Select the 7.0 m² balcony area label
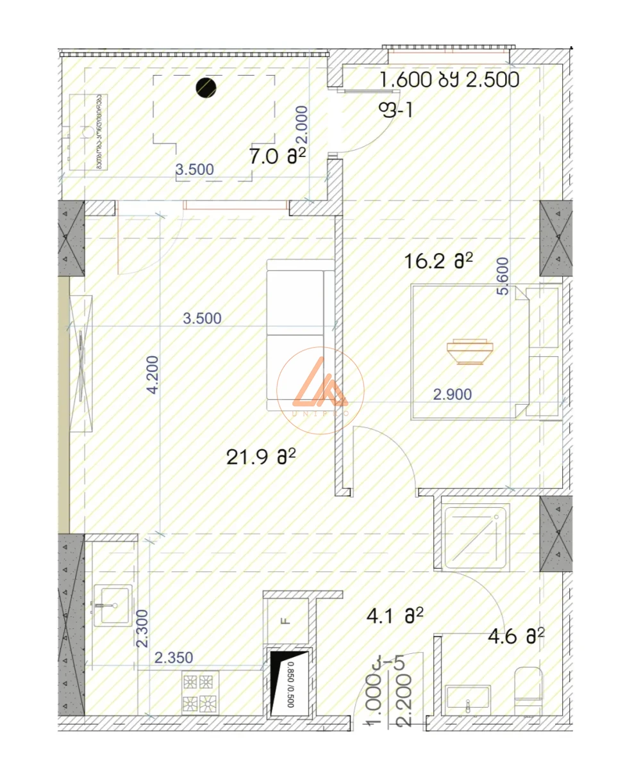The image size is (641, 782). pyautogui.click(x=276, y=156)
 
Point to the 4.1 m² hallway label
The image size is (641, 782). pyautogui.click(x=395, y=616)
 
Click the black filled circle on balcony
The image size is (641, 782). pyautogui.click(x=206, y=88)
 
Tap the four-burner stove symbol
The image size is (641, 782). pyautogui.click(x=199, y=693)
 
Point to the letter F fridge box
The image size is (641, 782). pyautogui.click(x=286, y=620)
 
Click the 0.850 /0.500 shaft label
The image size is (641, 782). pyautogui.click(x=290, y=683)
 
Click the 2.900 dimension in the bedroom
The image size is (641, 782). pyautogui.click(x=453, y=395)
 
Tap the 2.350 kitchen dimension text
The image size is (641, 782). pyautogui.click(x=174, y=657)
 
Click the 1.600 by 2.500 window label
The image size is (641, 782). pyautogui.click(x=449, y=81)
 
